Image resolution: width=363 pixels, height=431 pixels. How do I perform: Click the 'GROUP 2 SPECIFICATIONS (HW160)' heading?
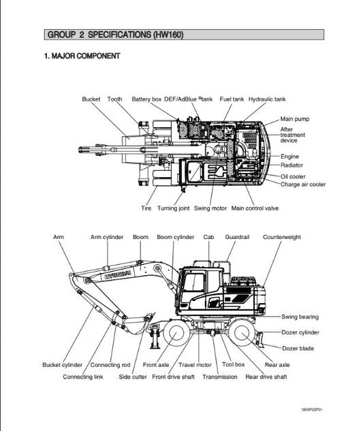tap(116, 35)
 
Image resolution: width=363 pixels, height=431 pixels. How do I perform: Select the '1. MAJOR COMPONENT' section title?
tap(82, 56)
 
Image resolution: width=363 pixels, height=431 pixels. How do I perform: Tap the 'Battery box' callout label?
tap(146, 99)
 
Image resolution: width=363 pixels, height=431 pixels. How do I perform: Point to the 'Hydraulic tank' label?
tap(267, 99)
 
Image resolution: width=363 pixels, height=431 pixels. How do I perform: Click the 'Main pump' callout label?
tap(295, 119)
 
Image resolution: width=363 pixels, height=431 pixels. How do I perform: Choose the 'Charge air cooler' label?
tap(303, 185)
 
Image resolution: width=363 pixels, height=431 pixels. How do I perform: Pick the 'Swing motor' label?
tap(210, 208)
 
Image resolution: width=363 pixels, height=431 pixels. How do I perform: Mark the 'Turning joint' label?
tap(173, 208)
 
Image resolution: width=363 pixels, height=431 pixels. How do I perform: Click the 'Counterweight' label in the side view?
tap(282, 237)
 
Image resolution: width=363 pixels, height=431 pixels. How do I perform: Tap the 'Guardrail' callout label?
tap(237, 237)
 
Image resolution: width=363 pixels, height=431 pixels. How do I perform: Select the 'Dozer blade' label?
tap(298, 349)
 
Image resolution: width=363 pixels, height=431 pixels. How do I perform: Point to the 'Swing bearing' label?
tap(300, 317)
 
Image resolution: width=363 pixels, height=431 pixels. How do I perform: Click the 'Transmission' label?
tap(220, 377)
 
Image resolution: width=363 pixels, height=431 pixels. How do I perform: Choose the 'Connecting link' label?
tap(83, 377)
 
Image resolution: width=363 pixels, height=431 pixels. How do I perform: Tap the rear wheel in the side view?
tap(242, 333)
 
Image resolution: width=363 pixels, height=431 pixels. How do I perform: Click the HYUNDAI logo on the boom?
tap(117, 274)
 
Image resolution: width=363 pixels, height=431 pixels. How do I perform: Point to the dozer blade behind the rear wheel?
tap(259, 340)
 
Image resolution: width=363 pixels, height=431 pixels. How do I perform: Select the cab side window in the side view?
tap(193, 283)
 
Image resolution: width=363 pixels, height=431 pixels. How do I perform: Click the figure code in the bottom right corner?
tap(311, 410)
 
